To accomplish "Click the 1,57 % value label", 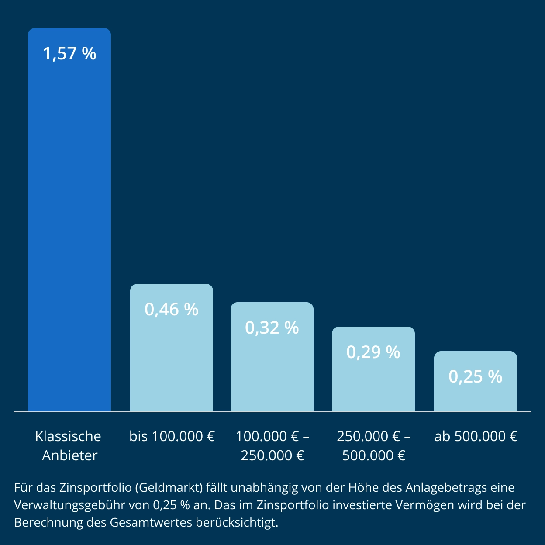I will pos(69,54).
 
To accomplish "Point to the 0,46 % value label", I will pos(172,310).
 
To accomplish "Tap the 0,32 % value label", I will pos(272,328).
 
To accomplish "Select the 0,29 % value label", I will pos(373,352).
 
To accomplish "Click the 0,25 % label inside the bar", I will pos(476,377).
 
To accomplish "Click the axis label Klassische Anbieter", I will pos(69,445).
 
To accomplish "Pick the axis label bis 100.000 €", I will pos(172,436).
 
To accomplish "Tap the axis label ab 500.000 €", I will pos(476,436).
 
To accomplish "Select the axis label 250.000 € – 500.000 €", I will pos(374,445).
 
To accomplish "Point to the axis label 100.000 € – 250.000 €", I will pos(272,445).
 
